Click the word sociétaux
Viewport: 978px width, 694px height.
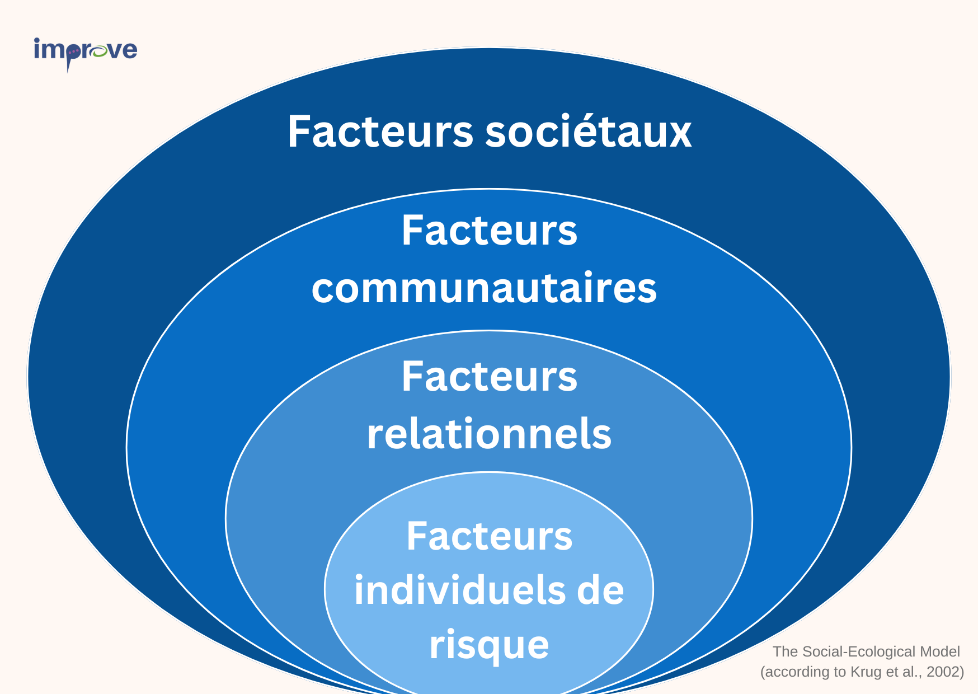(x=588, y=132)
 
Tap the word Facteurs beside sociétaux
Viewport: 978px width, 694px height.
(x=380, y=132)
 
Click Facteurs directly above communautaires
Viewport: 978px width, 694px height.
(x=490, y=230)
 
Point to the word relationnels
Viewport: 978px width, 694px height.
(x=489, y=433)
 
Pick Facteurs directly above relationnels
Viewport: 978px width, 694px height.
(x=490, y=376)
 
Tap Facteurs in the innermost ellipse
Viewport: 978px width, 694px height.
(x=490, y=536)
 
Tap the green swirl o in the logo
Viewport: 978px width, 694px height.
(x=99, y=51)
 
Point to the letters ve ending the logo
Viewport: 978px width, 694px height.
(x=123, y=51)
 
